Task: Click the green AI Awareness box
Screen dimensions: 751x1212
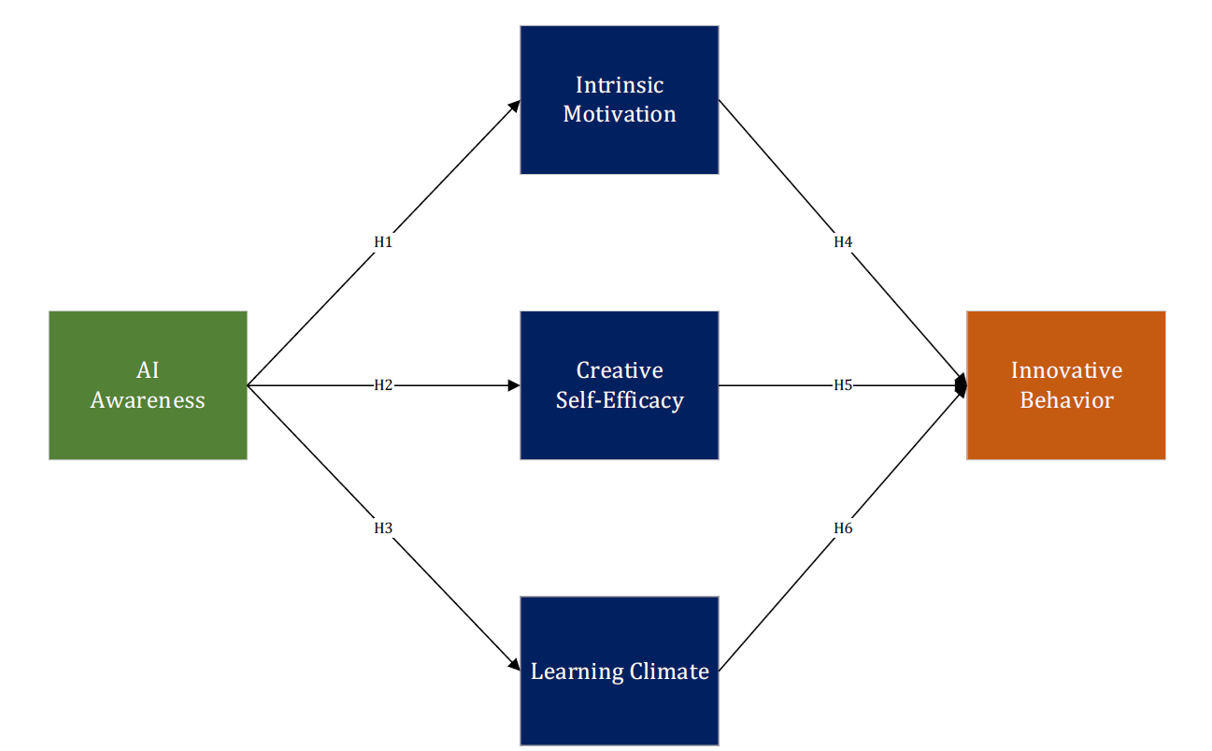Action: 148,384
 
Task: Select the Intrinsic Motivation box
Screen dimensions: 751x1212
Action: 619,99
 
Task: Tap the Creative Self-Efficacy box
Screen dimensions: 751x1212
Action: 619,384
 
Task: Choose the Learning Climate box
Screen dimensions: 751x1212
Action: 619,670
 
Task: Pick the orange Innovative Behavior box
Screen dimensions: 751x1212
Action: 1065,384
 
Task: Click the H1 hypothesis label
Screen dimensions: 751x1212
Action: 383,242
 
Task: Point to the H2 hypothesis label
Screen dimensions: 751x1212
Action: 383,385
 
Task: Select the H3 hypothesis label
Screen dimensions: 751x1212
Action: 383,528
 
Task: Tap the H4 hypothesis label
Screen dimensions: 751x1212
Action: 843,242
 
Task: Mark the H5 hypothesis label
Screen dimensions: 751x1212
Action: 843,385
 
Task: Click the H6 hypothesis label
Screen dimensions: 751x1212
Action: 843,528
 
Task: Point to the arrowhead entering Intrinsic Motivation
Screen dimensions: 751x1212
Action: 515,105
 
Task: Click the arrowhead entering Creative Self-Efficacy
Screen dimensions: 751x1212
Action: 514,385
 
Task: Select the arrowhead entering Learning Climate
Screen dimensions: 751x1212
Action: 515,665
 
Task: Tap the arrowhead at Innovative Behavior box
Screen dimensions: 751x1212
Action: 961,384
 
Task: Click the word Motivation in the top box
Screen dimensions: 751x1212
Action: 620,114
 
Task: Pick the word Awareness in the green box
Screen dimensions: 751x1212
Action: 148,400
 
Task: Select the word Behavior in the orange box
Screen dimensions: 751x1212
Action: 1066,400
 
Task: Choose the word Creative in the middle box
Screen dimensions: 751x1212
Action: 620,370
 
